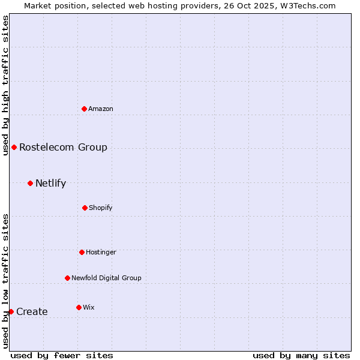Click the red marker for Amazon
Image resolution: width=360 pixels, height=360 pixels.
coord(85,109)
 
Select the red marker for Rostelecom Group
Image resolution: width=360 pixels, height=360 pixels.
coord(14,147)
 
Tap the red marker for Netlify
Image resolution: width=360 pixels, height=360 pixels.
coord(31,183)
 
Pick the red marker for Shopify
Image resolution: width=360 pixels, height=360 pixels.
coord(85,208)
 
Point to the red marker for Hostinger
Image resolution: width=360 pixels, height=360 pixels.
coord(82,252)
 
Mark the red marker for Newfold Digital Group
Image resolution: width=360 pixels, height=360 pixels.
coord(67,278)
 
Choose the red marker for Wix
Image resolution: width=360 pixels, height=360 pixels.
coord(79,307)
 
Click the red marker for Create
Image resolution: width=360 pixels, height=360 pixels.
coord(11,311)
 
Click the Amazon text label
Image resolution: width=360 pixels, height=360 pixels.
coord(101,109)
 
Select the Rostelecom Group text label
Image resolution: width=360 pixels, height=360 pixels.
coord(63,147)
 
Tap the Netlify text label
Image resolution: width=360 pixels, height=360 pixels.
coord(50,183)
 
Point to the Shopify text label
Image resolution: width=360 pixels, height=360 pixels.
coord(101,208)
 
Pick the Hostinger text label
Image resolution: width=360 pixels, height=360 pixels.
coord(101,252)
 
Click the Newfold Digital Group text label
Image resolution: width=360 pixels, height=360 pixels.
coord(106,278)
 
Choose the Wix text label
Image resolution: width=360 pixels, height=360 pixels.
coord(89,307)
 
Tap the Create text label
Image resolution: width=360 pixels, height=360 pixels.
coord(32,311)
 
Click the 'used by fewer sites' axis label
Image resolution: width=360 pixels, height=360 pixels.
coord(62,355)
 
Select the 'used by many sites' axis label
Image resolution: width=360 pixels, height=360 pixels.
coord(301,355)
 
